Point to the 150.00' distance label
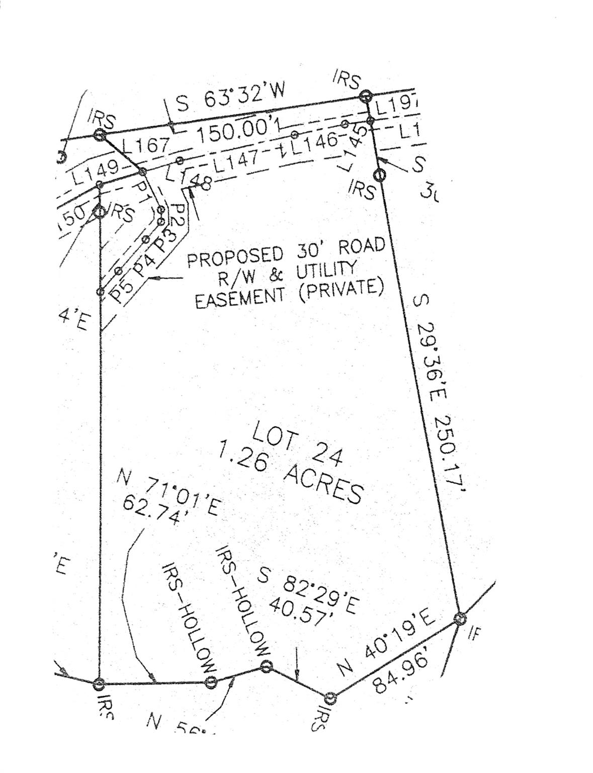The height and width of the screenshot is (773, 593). (x=232, y=132)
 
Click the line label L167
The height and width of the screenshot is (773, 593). (x=147, y=147)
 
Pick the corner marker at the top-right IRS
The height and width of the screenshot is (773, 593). (x=366, y=96)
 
